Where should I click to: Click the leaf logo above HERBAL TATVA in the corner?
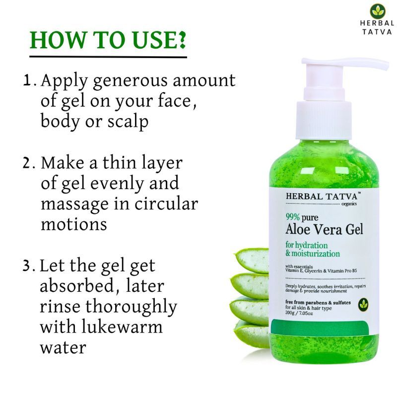(378, 11)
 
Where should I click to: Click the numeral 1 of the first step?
(27, 80)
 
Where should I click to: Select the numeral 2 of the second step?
(27, 163)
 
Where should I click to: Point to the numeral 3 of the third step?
(27, 266)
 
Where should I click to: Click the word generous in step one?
(130, 81)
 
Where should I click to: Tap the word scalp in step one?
(128, 122)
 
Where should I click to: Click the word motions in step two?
(73, 224)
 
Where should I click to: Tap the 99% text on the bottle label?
(292, 217)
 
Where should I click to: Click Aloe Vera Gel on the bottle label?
(325, 229)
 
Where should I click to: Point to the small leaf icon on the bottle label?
(363, 305)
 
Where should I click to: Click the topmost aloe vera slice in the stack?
(252, 260)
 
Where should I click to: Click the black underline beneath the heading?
(108, 57)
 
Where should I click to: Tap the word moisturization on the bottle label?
(316, 254)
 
